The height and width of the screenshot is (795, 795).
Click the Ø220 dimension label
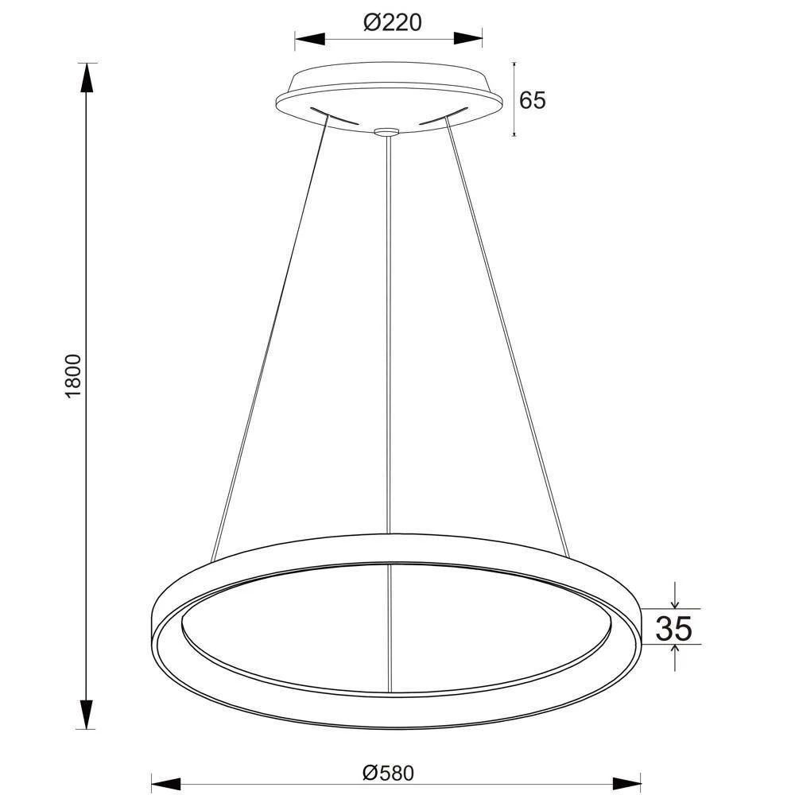392,23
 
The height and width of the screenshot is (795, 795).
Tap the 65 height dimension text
533,100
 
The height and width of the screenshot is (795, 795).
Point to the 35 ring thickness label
673,628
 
